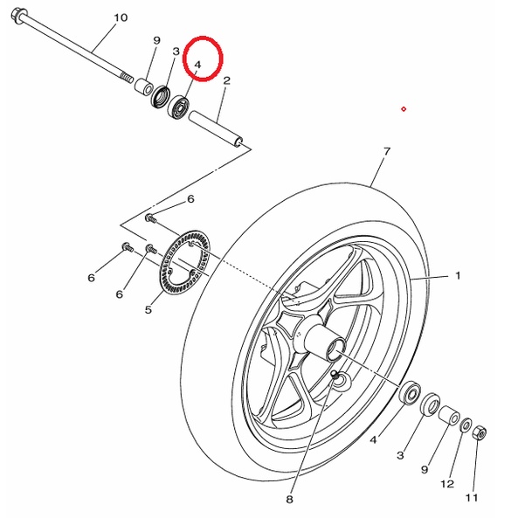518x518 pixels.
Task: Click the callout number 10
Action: [121, 17]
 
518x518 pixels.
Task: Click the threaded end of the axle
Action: [127, 78]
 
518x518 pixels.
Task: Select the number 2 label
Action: [226, 80]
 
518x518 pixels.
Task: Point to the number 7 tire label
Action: [387, 152]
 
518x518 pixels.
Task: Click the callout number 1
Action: [458, 275]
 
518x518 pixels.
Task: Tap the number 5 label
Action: [148, 310]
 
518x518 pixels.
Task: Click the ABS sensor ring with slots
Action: [185, 262]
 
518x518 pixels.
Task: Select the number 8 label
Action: [289, 499]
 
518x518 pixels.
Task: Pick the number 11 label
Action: [472, 498]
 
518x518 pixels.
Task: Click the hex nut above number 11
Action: [480, 432]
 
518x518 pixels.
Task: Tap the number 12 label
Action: [447, 484]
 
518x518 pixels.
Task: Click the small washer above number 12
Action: [466, 425]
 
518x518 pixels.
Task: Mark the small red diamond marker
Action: [404, 109]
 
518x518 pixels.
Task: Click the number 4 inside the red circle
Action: [197, 65]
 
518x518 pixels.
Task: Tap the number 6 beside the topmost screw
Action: [190, 199]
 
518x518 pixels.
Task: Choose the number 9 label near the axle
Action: [156, 40]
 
